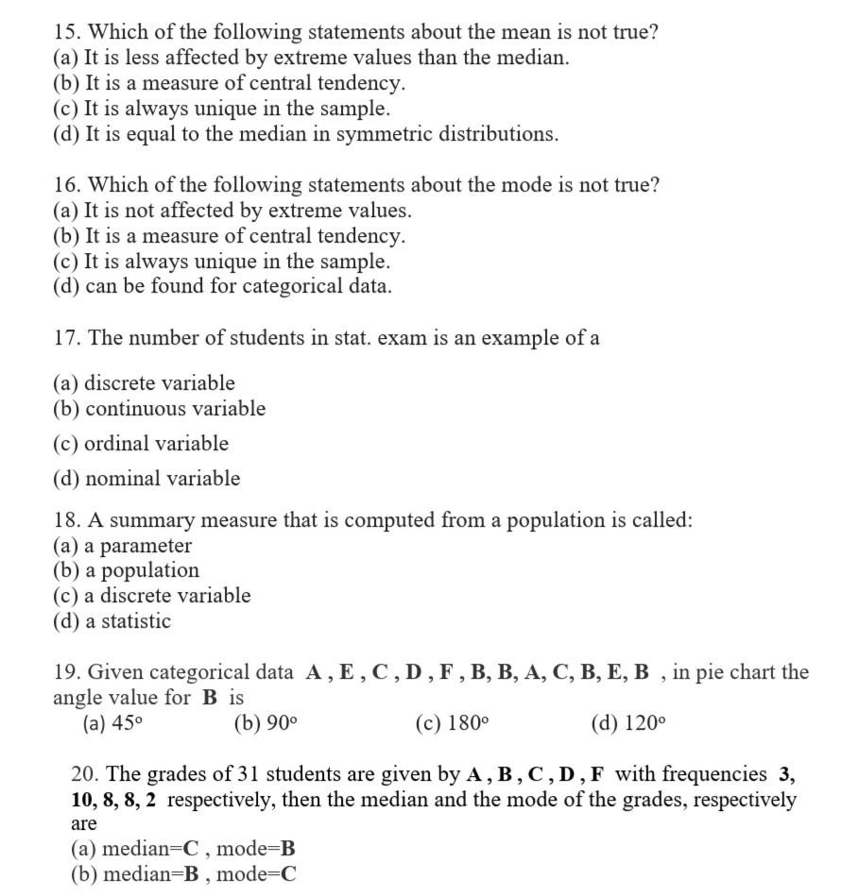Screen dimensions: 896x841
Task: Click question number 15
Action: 66,32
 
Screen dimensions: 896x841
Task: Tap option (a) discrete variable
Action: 144,383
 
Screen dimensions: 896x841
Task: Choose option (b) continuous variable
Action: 159,409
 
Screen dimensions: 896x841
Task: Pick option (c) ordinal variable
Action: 141,444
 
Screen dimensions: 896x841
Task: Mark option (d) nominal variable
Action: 146,479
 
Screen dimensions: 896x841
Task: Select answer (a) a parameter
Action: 122,546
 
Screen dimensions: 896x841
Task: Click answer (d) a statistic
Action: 112,621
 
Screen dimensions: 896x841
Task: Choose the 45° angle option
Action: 112,724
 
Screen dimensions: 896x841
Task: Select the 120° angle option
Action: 627,724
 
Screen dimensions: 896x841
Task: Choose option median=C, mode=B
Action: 183,849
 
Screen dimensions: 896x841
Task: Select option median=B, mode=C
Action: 183,874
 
